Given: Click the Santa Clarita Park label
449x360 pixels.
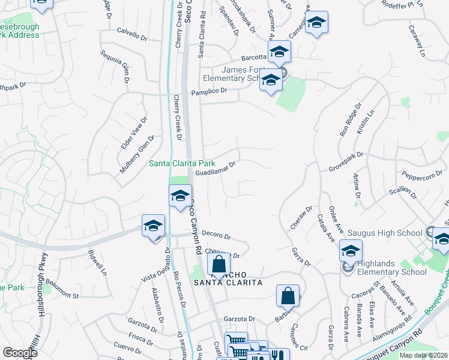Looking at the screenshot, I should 182,163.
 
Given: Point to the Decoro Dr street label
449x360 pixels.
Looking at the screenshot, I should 216,235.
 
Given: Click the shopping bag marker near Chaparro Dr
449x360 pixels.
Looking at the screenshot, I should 219,263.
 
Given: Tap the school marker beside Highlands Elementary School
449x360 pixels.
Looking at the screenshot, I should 351,251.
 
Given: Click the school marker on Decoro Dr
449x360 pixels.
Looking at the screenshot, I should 153,226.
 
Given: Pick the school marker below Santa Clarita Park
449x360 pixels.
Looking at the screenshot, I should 179,196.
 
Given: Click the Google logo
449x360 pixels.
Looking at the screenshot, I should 20,353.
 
